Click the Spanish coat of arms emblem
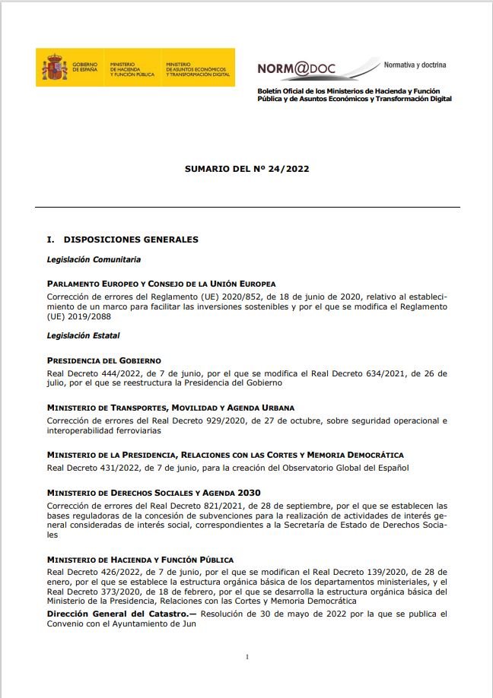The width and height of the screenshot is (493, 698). click(53, 68)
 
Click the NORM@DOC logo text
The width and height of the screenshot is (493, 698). click(297, 69)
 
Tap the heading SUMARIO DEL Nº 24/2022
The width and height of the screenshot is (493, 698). click(247, 169)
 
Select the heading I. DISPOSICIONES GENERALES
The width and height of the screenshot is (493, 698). click(122, 240)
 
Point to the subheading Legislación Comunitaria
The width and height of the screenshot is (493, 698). click(94, 260)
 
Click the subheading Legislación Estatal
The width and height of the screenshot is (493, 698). click(83, 335)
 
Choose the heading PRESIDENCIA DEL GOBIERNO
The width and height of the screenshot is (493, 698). click(104, 360)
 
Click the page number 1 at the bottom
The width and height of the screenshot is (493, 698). click(247, 656)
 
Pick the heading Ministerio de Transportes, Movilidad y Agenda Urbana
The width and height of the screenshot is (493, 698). click(170, 408)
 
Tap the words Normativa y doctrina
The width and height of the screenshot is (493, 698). click(415, 65)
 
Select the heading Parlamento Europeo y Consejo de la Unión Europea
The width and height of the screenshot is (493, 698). click(161, 284)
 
